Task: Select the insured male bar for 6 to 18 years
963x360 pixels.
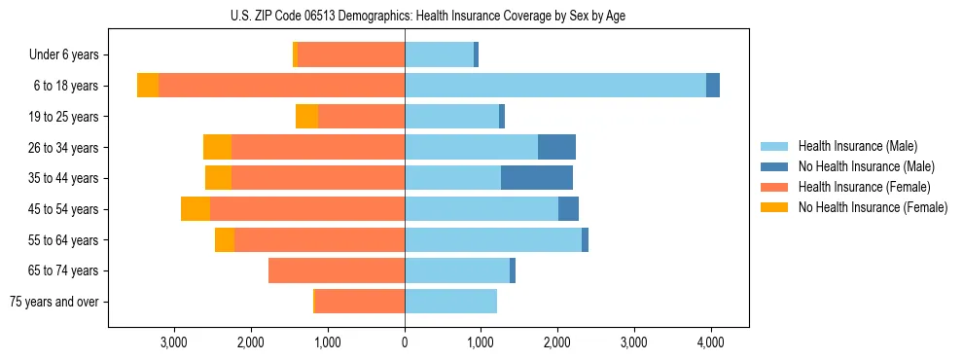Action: point(555,86)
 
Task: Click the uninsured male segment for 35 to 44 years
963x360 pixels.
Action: point(537,178)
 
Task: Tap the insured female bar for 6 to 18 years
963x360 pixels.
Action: point(282,86)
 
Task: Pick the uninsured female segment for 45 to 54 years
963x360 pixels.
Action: point(196,209)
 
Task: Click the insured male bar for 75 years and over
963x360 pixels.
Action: point(450,302)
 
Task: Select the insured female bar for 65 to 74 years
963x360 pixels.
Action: point(337,270)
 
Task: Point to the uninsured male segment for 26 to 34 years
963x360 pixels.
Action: point(556,147)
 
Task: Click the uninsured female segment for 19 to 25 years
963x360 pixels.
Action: point(307,117)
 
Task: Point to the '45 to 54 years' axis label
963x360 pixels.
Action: point(63,209)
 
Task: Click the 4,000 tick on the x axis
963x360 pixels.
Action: point(710,342)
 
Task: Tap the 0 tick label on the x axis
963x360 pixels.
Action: point(405,342)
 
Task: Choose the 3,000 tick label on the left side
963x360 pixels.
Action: point(174,342)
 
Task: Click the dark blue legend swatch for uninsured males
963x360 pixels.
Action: point(774,166)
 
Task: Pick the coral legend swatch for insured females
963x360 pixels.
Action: point(774,187)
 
